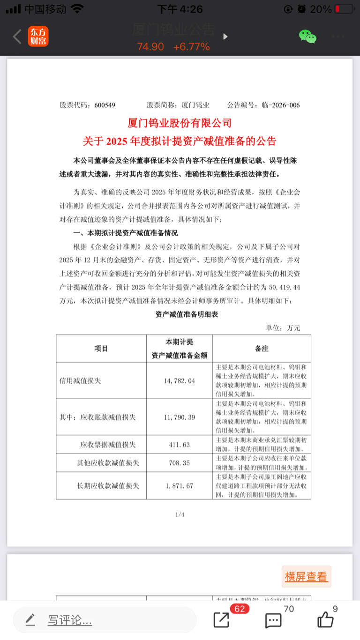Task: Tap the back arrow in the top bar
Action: click(x=17, y=37)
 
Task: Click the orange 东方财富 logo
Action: click(x=38, y=37)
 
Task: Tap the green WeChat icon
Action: click(x=307, y=37)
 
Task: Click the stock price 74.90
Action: click(x=150, y=47)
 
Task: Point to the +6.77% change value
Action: click(x=191, y=47)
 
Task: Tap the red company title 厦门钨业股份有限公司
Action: click(x=180, y=123)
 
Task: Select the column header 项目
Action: click(x=101, y=348)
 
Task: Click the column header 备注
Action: click(x=261, y=348)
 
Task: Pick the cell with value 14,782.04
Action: click(x=179, y=380)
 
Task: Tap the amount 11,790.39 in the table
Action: click(x=179, y=417)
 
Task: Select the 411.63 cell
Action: click(x=179, y=444)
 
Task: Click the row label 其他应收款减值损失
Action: click(x=108, y=462)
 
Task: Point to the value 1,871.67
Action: click(x=179, y=485)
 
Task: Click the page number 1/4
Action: click(x=180, y=514)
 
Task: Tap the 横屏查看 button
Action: click(x=306, y=577)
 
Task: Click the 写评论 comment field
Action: click(x=69, y=620)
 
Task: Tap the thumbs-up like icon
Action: click(x=325, y=620)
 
